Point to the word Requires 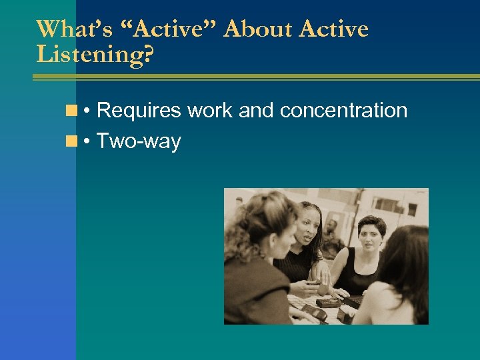tap(139, 110)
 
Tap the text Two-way tap(139, 141)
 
